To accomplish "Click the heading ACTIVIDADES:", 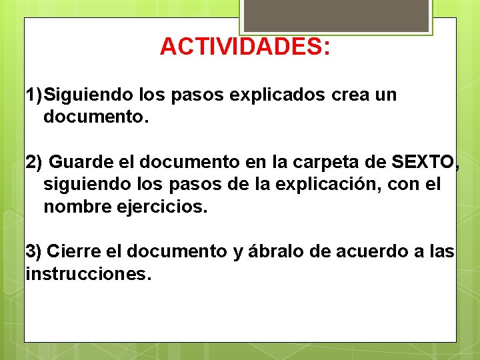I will coord(245,47).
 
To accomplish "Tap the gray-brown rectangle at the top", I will coord(336,15).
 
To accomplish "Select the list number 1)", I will coord(35,95).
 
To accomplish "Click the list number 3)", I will coord(33,251).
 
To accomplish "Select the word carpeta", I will coord(325,161).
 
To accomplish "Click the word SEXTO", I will coord(422,161).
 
